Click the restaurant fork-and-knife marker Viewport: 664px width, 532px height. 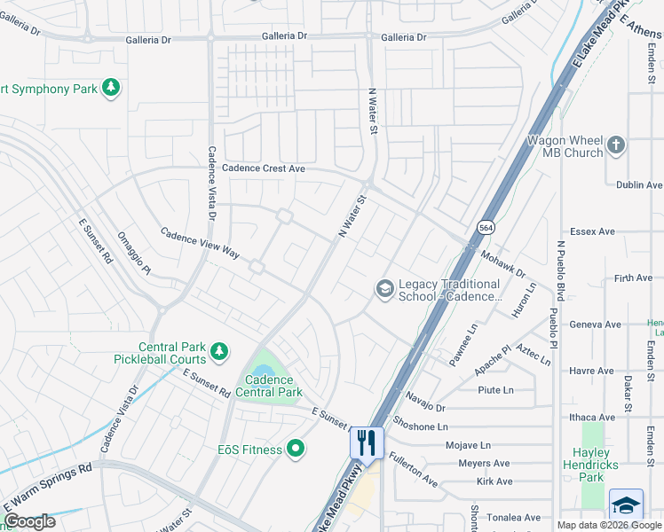(367, 442)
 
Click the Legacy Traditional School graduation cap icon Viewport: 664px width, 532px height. (384, 288)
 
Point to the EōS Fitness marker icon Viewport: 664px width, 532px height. (296, 450)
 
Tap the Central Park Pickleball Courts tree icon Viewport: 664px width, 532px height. (219, 353)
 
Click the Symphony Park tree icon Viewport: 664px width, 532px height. (111, 88)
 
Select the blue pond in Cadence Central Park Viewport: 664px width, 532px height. (264, 371)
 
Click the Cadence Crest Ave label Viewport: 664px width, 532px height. (264, 168)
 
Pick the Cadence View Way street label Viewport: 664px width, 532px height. (200, 243)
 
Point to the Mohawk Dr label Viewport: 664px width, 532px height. (502, 263)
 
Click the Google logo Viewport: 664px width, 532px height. (29, 521)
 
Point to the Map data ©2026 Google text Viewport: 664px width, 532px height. (609, 525)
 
